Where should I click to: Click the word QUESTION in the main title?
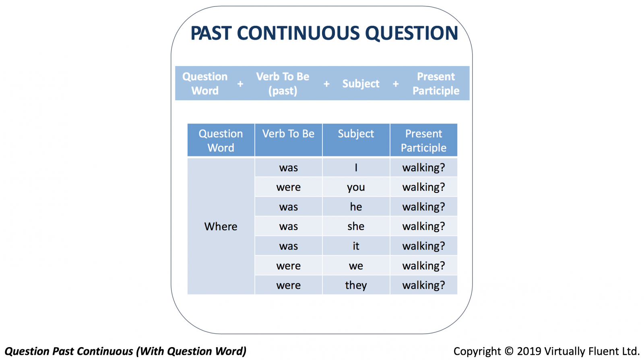411,33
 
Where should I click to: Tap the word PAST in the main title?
211,33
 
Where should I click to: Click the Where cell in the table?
221,226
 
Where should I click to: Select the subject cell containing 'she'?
356,226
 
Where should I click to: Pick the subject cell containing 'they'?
356,285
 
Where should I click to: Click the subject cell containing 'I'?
356,168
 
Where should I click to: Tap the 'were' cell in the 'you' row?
288,187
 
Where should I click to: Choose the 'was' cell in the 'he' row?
288,207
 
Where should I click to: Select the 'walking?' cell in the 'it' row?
423,246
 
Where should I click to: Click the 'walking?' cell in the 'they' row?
423,285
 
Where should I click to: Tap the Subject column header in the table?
356,140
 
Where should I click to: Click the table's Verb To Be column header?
288,140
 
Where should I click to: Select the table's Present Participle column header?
423,140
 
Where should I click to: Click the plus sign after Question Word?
240,84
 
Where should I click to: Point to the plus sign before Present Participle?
396,84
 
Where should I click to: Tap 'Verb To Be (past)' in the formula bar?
283,84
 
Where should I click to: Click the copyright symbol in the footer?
509,351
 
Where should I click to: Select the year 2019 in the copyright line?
529,351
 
